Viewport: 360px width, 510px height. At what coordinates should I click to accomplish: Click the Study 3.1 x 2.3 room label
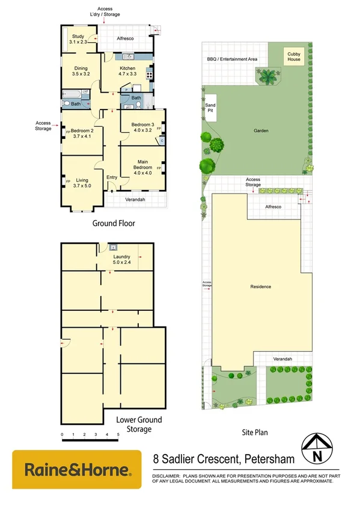[78, 40]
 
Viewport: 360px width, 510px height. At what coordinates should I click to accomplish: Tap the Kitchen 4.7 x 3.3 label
[128, 72]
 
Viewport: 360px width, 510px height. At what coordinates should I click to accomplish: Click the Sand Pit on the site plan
[211, 108]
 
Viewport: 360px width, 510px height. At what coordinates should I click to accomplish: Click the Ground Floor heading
[113, 223]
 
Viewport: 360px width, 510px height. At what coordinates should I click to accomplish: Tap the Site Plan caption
[254, 431]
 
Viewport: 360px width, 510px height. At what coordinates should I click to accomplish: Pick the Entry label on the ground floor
[112, 177]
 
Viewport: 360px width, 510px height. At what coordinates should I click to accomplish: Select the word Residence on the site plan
[260, 287]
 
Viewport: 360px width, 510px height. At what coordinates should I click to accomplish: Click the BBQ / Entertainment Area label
[232, 60]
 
